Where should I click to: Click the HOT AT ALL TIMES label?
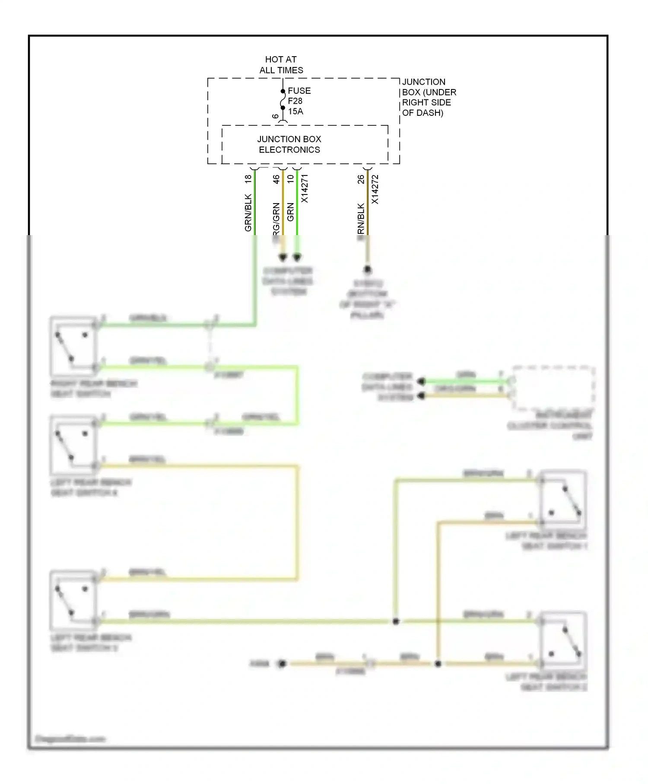click(x=281, y=65)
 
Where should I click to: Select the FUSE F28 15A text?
click(x=299, y=101)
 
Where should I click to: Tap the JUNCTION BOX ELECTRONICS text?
click(x=289, y=144)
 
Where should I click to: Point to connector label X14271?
click(x=305, y=188)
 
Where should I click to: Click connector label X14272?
click(x=375, y=189)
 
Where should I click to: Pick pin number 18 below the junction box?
click(x=248, y=178)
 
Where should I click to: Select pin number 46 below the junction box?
click(x=276, y=179)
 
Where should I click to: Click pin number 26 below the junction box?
click(x=361, y=179)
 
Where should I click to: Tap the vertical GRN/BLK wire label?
click(x=248, y=213)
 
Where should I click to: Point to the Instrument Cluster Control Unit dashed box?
click(x=553, y=388)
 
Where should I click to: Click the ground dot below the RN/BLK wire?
click(x=367, y=270)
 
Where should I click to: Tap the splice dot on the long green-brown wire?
click(x=395, y=621)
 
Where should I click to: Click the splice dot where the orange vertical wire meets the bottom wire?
click(x=438, y=663)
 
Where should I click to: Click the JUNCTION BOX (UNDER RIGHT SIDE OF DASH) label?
click(x=429, y=97)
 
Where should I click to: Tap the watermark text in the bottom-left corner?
click(x=70, y=739)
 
